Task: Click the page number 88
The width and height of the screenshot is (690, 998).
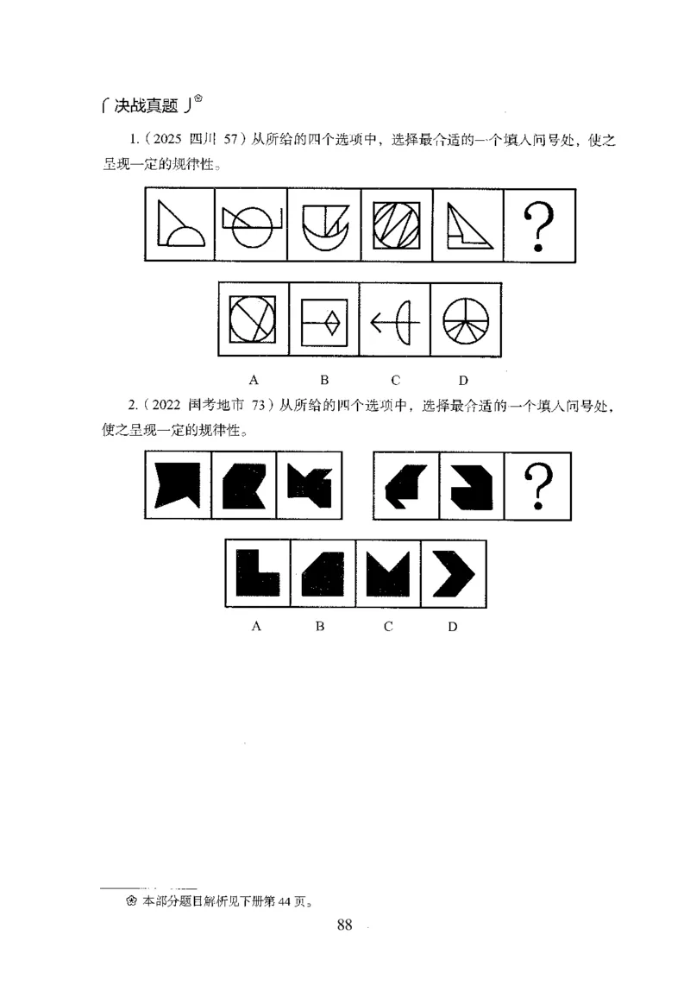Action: pyautogui.click(x=344, y=925)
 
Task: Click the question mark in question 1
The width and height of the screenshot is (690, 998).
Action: pyautogui.click(x=538, y=224)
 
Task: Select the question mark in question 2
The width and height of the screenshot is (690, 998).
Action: pyautogui.click(x=538, y=486)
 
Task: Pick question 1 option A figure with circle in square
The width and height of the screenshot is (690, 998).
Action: pyautogui.click(x=254, y=319)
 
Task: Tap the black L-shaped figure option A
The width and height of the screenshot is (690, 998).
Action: pyautogui.click(x=257, y=573)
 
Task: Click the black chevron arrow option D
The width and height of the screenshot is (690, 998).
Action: pyautogui.click(x=453, y=573)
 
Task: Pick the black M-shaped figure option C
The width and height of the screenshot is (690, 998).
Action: pyautogui.click(x=388, y=573)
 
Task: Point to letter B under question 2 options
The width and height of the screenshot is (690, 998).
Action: pyautogui.click(x=320, y=627)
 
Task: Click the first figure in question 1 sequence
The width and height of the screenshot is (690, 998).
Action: pyautogui.click(x=180, y=224)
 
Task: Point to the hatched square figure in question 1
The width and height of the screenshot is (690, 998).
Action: pyautogui.click(x=396, y=224)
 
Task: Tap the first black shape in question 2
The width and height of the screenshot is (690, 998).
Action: pyautogui.click(x=178, y=485)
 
